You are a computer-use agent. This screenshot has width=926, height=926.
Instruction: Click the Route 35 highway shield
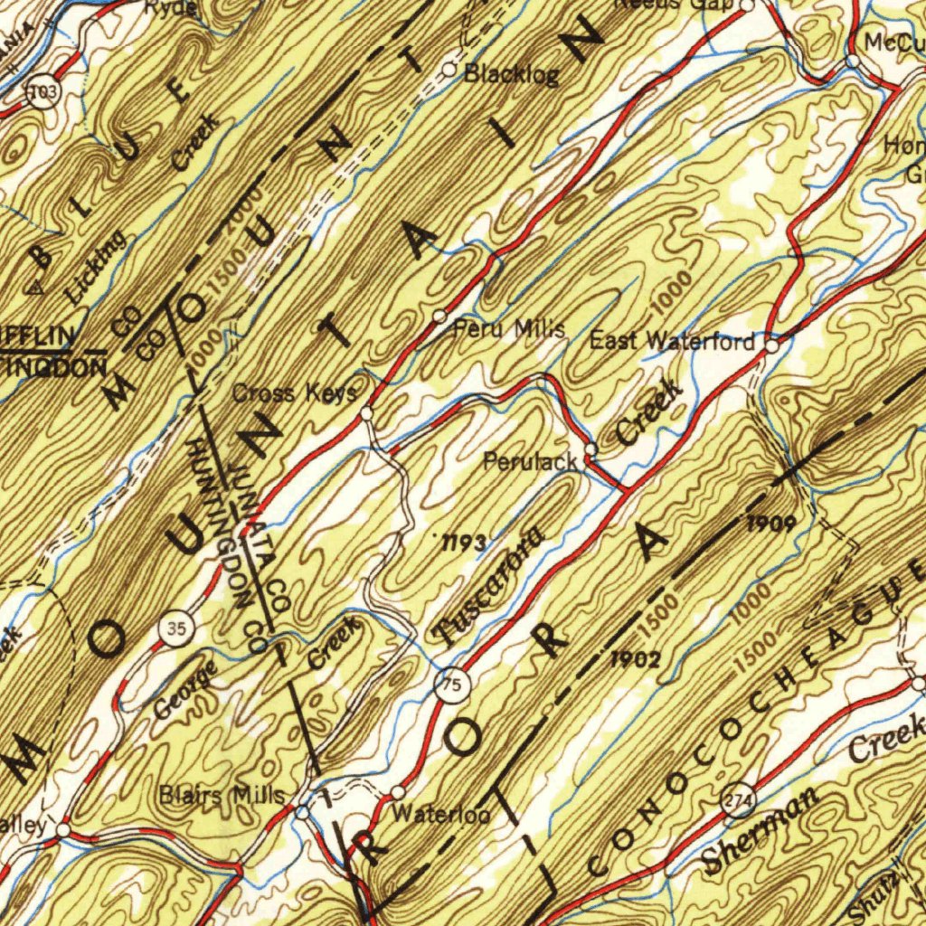coord(175,629)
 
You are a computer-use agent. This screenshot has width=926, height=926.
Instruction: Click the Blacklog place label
coord(511,75)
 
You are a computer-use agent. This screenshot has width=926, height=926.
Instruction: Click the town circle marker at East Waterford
coord(772,345)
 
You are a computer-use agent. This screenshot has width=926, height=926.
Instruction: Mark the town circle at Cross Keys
coord(366,413)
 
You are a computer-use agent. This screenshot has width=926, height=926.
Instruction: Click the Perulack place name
coord(530,461)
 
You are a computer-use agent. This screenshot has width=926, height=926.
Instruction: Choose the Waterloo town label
coord(441,814)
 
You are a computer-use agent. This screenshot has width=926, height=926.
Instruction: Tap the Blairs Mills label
coord(222,796)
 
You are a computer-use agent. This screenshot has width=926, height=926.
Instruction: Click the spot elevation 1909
coord(771,523)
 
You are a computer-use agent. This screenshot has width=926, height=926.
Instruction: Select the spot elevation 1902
coord(634,659)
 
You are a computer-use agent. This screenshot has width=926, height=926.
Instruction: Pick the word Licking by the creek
coord(96,266)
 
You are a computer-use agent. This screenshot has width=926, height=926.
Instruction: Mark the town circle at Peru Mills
coord(439,316)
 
